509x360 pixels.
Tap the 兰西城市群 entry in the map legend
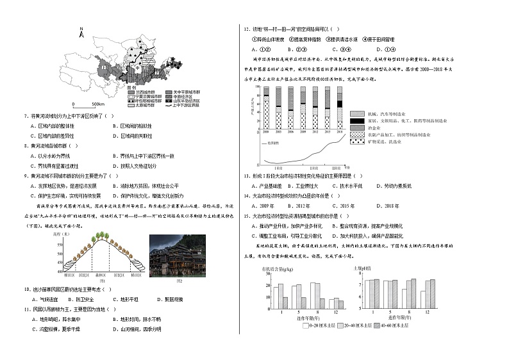141,92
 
